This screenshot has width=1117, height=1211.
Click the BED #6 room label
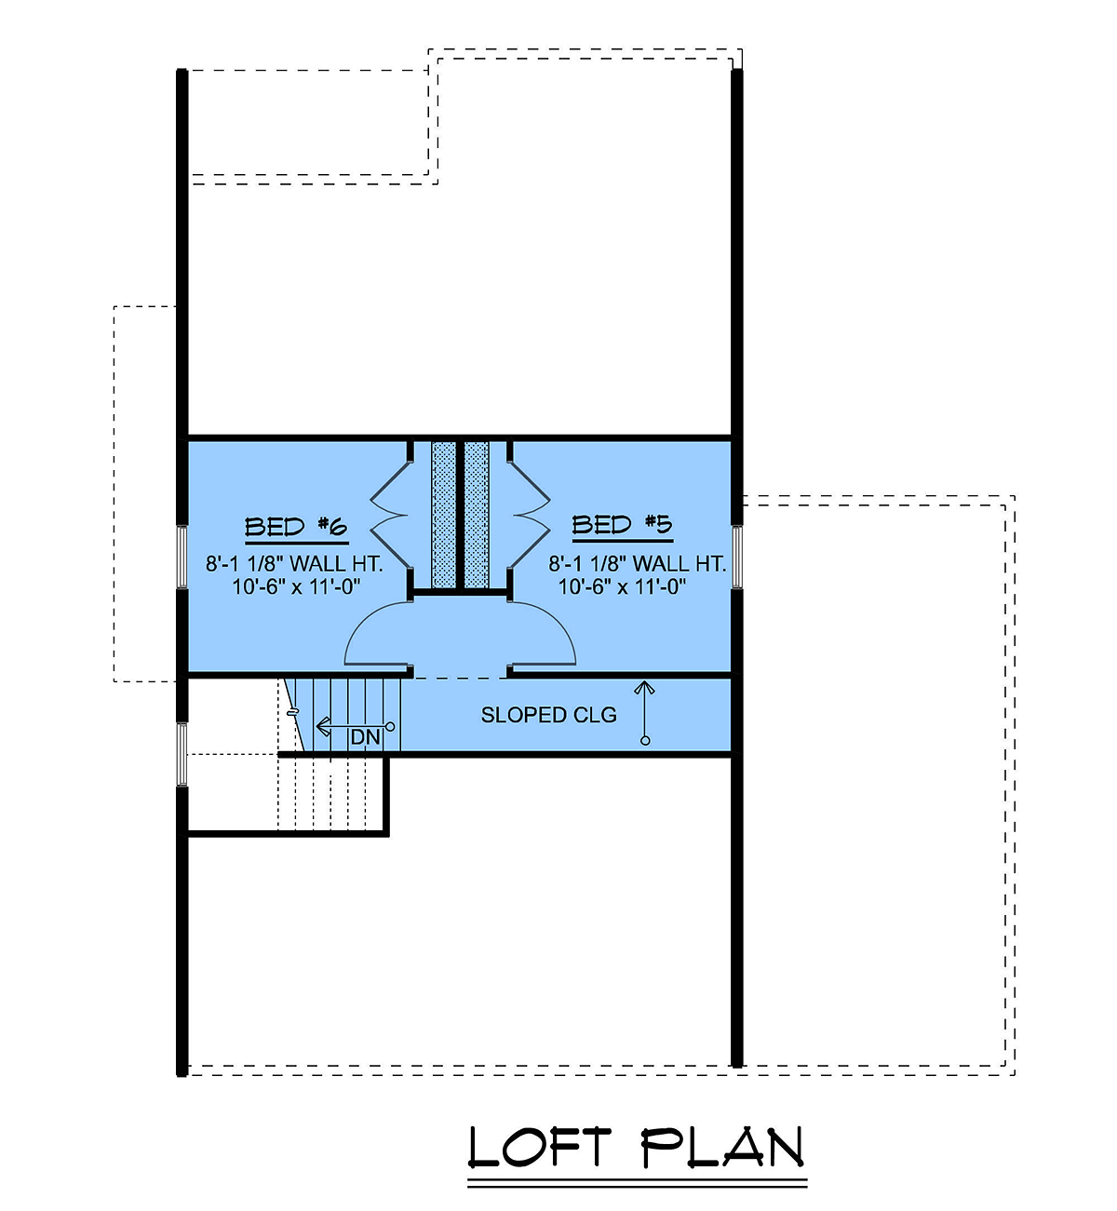296,527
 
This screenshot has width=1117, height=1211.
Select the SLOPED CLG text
548,715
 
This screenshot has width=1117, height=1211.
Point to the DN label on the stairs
366,737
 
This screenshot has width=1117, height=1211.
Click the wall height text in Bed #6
294,563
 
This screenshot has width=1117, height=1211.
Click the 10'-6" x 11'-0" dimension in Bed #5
622,586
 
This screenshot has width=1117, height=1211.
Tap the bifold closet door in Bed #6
390,516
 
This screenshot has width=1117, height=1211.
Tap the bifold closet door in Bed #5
530,516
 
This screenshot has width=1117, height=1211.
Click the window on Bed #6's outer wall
182,557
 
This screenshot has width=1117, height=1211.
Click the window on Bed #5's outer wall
737,557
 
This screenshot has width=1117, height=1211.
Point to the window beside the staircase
182,754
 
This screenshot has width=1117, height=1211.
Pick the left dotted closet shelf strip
443,515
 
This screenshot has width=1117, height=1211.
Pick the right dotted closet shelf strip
477,515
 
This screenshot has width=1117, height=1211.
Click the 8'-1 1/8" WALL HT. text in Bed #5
637,563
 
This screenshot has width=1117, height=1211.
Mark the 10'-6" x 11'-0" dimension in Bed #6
296,586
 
